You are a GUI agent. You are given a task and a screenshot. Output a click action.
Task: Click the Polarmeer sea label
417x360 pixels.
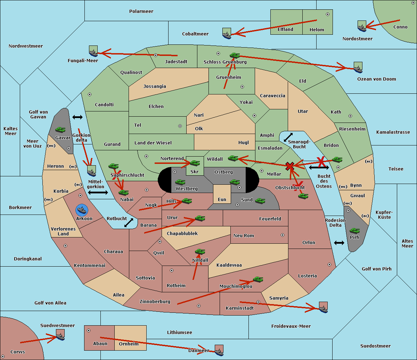tap(141, 11)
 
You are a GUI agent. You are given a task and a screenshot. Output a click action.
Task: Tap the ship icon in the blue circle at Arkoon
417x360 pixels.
tap(82, 210)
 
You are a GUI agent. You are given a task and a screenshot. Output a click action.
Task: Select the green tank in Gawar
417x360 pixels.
tap(60, 130)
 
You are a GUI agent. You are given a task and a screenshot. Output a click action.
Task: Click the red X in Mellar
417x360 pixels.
tap(290, 166)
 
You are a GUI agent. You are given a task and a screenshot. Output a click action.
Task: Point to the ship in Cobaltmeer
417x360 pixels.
tap(227, 34)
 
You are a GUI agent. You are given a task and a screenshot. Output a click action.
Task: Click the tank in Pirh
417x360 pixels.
tap(354, 231)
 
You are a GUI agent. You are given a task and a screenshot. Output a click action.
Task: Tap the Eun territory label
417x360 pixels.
tap(222, 199)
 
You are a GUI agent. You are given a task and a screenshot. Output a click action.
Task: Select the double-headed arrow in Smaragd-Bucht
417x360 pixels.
tap(288, 137)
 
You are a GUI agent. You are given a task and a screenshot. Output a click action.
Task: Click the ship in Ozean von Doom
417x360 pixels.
tap(358, 68)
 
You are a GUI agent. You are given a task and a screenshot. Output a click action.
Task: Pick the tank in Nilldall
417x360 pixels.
tap(200, 252)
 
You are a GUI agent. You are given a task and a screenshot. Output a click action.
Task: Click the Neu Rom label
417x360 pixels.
tap(244, 235)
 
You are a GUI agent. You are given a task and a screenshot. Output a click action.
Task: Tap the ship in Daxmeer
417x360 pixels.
tap(219, 350)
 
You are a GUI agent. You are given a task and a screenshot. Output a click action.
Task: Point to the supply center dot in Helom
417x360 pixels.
tap(327, 14)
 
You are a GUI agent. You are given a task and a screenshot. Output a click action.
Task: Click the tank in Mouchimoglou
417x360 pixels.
tap(258, 279)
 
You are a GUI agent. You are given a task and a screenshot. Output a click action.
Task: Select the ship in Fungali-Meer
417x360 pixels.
tap(93, 51)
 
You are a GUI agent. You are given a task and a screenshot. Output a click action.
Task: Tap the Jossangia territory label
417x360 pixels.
tap(155, 86)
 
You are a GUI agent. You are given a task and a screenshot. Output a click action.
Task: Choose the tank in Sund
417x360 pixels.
tap(260, 201)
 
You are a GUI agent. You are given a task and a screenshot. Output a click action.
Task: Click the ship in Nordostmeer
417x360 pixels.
tap(362, 26)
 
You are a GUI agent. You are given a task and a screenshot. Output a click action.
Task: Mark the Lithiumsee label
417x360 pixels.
tap(179, 332)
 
